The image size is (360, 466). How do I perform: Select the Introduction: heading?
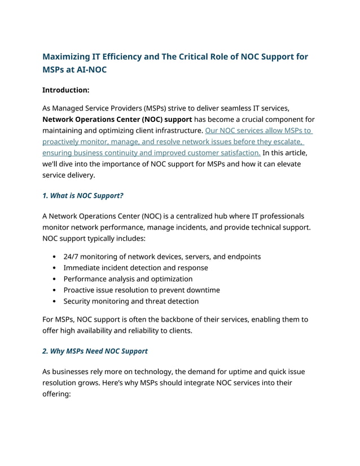pos(65,90)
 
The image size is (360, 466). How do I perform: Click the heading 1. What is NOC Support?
pos(83,196)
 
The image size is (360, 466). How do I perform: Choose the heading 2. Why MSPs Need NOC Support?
pos(95,351)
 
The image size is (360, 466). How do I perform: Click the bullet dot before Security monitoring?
pos(54,301)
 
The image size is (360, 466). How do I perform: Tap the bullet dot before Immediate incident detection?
pos(54,268)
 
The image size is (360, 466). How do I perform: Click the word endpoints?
pos(242,257)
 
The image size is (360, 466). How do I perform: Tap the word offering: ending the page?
pos(59,394)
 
